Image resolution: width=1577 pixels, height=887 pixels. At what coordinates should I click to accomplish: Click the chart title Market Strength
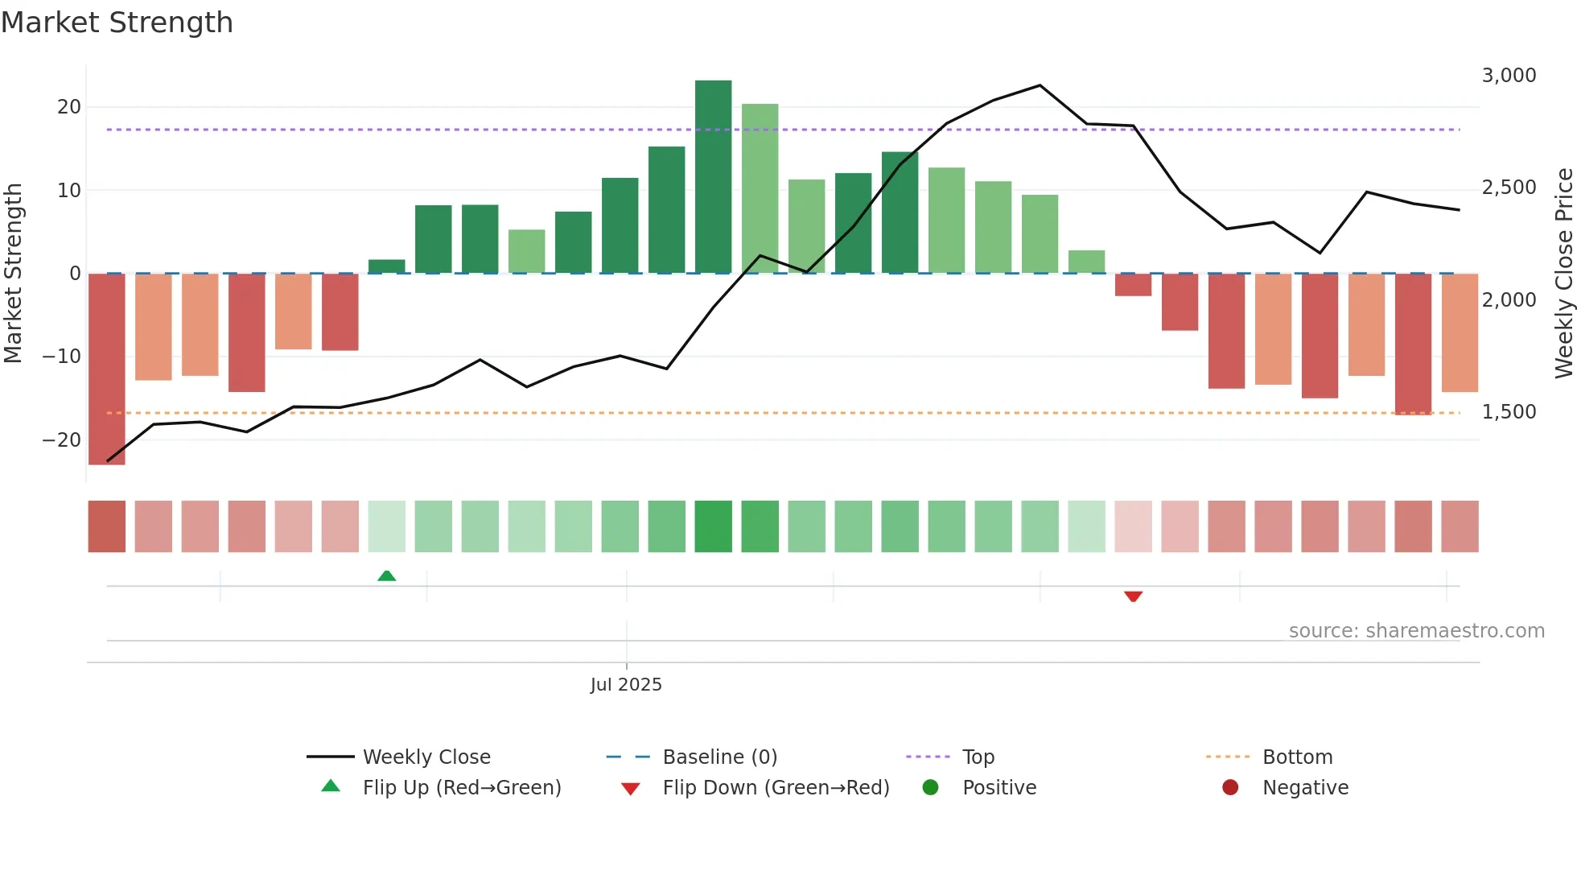point(117,23)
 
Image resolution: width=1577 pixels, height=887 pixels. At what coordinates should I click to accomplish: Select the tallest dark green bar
point(713,177)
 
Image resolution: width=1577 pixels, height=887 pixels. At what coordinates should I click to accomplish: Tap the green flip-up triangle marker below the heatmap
point(386,576)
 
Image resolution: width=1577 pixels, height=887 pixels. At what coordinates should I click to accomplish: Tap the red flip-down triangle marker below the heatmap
point(1133,596)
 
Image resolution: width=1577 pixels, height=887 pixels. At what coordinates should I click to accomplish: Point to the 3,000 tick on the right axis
point(1509,76)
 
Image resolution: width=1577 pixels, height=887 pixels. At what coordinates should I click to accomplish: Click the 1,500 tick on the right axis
point(1509,412)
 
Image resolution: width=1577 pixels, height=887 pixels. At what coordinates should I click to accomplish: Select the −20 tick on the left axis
point(62,440)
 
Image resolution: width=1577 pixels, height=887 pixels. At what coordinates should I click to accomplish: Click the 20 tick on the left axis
point(69,107)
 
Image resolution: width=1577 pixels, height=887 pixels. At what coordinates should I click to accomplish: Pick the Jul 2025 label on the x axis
point(626,685)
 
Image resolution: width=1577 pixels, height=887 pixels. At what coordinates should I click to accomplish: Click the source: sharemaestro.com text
point(1416,631)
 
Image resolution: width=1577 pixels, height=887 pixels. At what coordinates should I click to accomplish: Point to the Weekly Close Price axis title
point(1563,274)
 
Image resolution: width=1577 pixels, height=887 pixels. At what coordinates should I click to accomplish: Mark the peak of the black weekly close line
point(1040,85)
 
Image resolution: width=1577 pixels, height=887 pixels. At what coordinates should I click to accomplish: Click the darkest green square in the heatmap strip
point(713,526)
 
